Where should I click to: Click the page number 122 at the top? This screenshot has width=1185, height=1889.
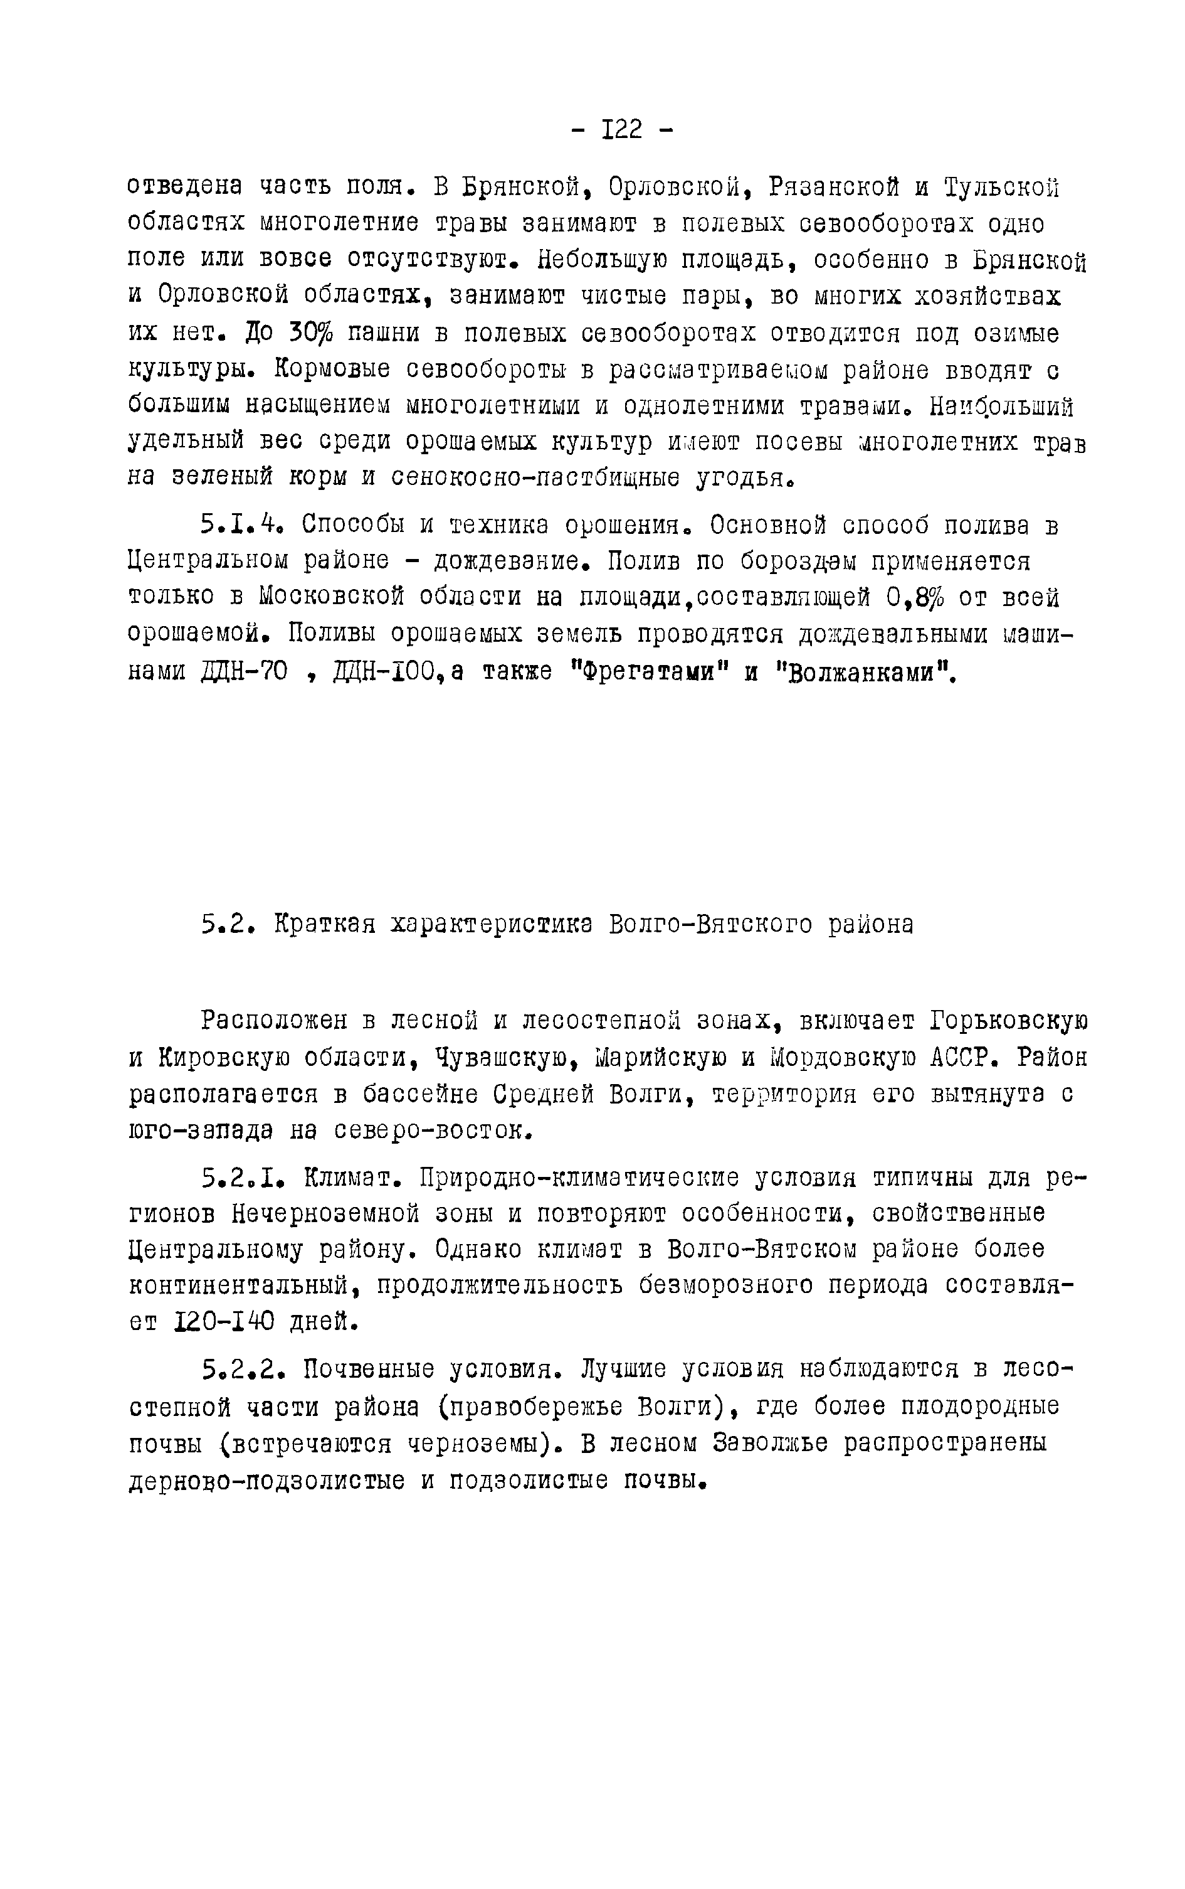pos(622,129)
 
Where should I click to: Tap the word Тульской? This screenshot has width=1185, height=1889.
pos(1002,188)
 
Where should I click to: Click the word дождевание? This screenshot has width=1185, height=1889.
pos(510,561)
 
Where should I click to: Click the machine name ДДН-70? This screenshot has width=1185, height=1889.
pos(244,671)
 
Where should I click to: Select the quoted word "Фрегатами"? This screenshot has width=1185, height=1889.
pos(646,671)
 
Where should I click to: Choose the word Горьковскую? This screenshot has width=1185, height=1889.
pos(1009,1021)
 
